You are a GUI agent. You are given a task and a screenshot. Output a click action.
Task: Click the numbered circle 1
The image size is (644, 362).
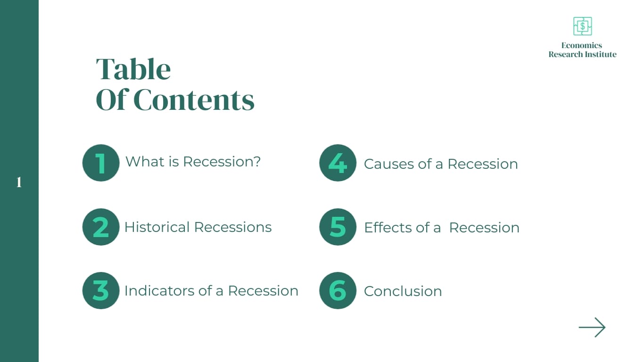click(x=101, y=163)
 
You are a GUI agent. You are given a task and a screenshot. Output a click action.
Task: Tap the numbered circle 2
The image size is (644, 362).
click(x=101, y=227)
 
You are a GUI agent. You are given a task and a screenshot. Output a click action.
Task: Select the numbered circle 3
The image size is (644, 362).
click(x=101, y=290)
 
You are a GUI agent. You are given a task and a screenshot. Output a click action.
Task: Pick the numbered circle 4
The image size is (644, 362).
click(x=338, y=163)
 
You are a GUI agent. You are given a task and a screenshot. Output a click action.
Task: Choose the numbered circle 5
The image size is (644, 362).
click(x=338, y=227)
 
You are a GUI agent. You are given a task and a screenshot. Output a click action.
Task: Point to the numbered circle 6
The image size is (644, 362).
click(x=338, y=290)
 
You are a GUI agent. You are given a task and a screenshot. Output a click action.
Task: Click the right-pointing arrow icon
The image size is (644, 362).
click(x=592, y=327)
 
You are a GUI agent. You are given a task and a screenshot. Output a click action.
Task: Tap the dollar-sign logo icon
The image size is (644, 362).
click(x=582, y=26)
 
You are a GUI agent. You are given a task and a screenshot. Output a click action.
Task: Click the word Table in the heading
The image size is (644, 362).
click(x=133, y=69)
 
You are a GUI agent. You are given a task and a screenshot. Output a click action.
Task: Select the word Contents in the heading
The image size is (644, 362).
click(x=194, y=100)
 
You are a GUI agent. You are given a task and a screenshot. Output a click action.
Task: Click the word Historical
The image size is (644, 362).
click(x=157, y=227)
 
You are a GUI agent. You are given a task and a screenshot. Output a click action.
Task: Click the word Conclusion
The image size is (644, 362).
click(x=403, y=291)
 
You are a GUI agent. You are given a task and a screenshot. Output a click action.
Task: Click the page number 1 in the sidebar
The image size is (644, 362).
click(x=19, y=182)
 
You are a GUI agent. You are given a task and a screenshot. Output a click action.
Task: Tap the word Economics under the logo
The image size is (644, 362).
click(x=582, y=45)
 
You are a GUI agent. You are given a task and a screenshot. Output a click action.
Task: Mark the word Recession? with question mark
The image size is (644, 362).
click(x=222, y=162)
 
